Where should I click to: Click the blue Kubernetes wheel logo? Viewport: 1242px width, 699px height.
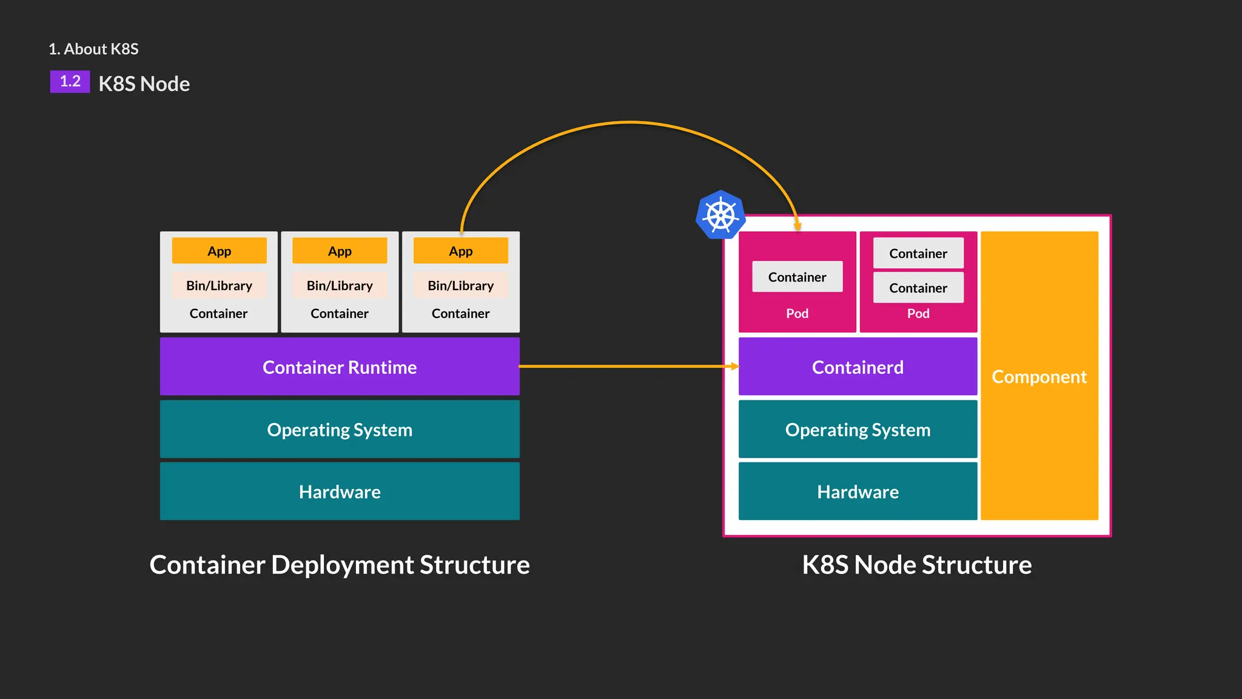tap(720, 215)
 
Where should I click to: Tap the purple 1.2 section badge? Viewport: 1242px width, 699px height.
tap(70, 81)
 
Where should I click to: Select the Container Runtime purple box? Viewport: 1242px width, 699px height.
tap(340, 366)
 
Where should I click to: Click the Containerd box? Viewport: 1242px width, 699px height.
tap(858, 366)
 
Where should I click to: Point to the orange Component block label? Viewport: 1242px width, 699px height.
tap(1039, 377)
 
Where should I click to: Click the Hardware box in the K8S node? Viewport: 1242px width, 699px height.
tap(858, 491)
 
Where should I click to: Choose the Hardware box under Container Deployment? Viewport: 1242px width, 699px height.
tap(340, 491)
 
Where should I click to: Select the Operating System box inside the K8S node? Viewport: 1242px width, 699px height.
tap(858, 429)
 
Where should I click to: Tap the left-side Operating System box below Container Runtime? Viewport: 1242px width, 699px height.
tap(340, 429)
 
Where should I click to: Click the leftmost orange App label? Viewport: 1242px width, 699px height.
tap(219, 251)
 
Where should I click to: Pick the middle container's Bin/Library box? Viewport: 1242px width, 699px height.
tap(340, 285)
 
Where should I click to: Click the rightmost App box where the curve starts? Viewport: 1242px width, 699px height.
tap(460, 251)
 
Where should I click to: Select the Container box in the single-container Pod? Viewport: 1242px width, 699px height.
tap(797, 277)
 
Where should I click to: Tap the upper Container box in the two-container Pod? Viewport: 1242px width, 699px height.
tap(918, 253)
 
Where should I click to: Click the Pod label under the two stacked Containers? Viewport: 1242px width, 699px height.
tap(918, 313)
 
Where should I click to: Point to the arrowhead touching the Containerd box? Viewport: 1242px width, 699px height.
tap(735, 366)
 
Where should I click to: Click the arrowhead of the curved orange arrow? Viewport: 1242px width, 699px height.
tap(797, 227)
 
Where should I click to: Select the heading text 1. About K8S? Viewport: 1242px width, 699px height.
tap(93, 49)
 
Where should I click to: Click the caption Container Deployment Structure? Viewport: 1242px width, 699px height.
tap(340, 564)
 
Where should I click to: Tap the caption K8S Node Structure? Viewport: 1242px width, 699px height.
tap(917, 564)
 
